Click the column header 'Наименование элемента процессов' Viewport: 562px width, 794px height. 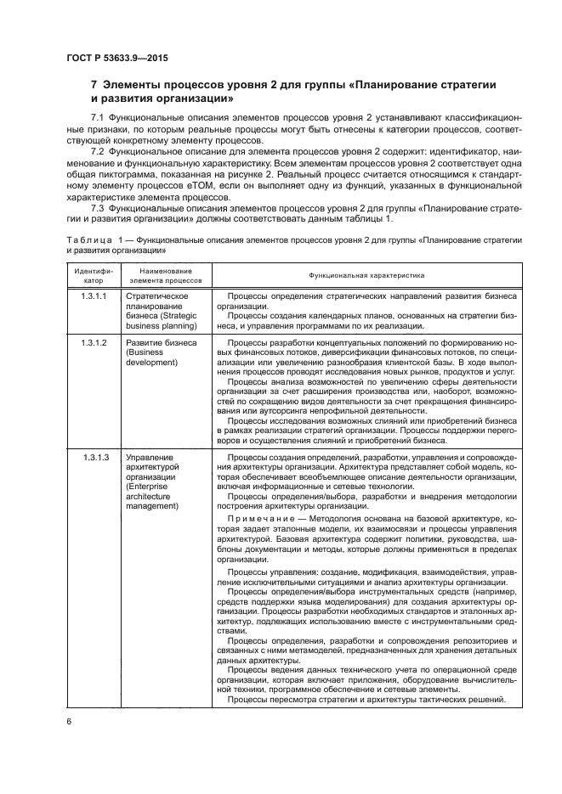point(166,274)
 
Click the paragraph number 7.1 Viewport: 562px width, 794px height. point(98,115)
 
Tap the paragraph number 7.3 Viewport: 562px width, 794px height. point(98,207)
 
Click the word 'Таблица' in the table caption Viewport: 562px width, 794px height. point(88,240)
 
